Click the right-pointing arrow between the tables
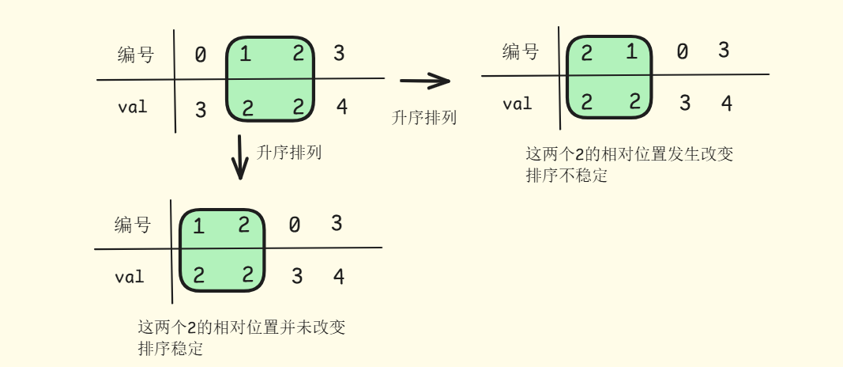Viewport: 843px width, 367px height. pyautogui.click(x=425, y=80)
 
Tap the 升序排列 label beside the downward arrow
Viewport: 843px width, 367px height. pyautogui.click(x=289, y=153)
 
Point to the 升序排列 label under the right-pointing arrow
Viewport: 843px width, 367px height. pyautogui.click(x=424, y=118)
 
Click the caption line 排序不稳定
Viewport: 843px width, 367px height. pyautogui.click(x=566, y=176)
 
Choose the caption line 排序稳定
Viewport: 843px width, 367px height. pyautogui.click(x=171, y=348)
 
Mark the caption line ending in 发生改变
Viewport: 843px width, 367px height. pyautogui.click(x=629, y=154)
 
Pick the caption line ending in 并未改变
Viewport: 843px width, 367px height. pyautogui.click(x=242, y=327)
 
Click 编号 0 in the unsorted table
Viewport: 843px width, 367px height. pyautogui.click(x=201, y=55)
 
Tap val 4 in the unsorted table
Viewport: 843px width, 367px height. pyautogui.click(x=341, y=107)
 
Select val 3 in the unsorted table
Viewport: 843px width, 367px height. pyautogui.click(x=201, y=110)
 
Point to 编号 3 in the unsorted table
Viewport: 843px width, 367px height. pyautogui.click(x=339, y=54)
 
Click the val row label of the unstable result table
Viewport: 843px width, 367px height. pyautogui.click(x=517, y=104)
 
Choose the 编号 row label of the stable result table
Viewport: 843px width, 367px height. pyautogui.click(x=133, y=225)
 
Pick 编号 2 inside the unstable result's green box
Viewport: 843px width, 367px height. pyautogui.click(x=586, y=54)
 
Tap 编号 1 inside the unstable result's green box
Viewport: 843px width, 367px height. pyautogui.click(x=632, y=52)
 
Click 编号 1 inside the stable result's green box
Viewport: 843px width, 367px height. pyautogui.click(x=198, y=227)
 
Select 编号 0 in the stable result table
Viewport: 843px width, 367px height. pyautogui.click(x=294, y=225)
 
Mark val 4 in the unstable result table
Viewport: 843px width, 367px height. pyautogui.click(x=727, y=104)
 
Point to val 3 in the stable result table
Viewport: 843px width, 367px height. pyautogui.click(x=297, y=277)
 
